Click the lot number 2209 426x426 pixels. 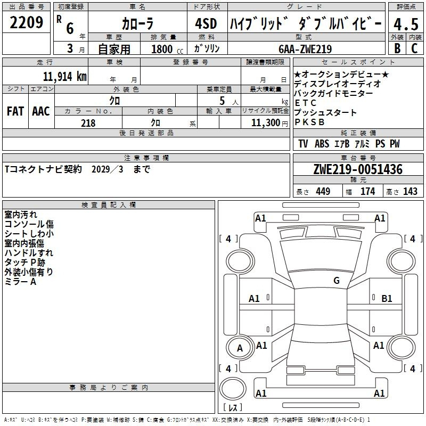click(x=26, y=22)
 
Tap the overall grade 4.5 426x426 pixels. click(x=406, y=24)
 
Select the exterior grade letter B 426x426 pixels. click(x=397, y=48)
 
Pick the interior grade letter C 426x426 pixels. click(x=414, y=48)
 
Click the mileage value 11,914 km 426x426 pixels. click(x=65, y=77)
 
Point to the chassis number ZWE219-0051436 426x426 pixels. click(x=358, y=169)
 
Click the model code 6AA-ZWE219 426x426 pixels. click(x=305, y=49)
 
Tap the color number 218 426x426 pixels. click(x=88, y=123)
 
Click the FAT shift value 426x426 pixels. click(x=15, y=111)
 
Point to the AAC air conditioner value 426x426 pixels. click(x=41, y=111)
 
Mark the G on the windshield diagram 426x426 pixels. click(x=337, y=280)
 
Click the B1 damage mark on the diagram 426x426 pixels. click(x=387, y=299)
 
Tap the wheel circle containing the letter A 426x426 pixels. click(x=240, y=348)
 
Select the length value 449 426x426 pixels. click(x=323, y=191)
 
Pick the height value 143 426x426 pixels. click(x=410, y=191)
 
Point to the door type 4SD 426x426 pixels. click(x=206, y=23)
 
